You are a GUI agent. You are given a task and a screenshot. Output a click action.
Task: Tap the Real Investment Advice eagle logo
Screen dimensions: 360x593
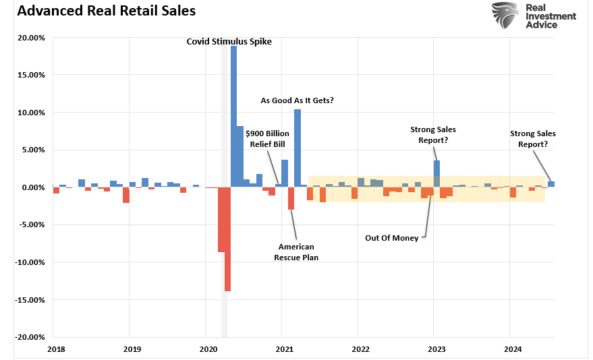505,15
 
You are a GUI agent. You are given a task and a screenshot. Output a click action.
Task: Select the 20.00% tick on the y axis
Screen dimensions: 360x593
32,38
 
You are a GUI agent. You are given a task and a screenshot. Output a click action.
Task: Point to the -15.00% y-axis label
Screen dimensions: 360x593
30,300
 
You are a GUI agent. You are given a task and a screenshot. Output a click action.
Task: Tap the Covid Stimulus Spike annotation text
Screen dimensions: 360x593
229,42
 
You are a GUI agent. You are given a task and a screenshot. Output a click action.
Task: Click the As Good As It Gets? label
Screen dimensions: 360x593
298,100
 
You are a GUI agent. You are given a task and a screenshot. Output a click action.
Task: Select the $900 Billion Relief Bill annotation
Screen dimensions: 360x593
267,138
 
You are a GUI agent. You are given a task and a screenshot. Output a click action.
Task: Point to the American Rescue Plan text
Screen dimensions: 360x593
296,252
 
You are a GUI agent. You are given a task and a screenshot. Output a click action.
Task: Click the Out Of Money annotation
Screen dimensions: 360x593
391,237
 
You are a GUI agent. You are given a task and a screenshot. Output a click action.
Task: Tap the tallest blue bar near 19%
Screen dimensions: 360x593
233,115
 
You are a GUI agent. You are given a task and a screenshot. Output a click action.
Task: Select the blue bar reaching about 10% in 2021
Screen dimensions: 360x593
297,148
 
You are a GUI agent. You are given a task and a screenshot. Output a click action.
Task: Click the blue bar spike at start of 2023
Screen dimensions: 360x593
436,173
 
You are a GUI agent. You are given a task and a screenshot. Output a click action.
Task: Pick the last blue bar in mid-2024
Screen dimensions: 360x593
551,184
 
